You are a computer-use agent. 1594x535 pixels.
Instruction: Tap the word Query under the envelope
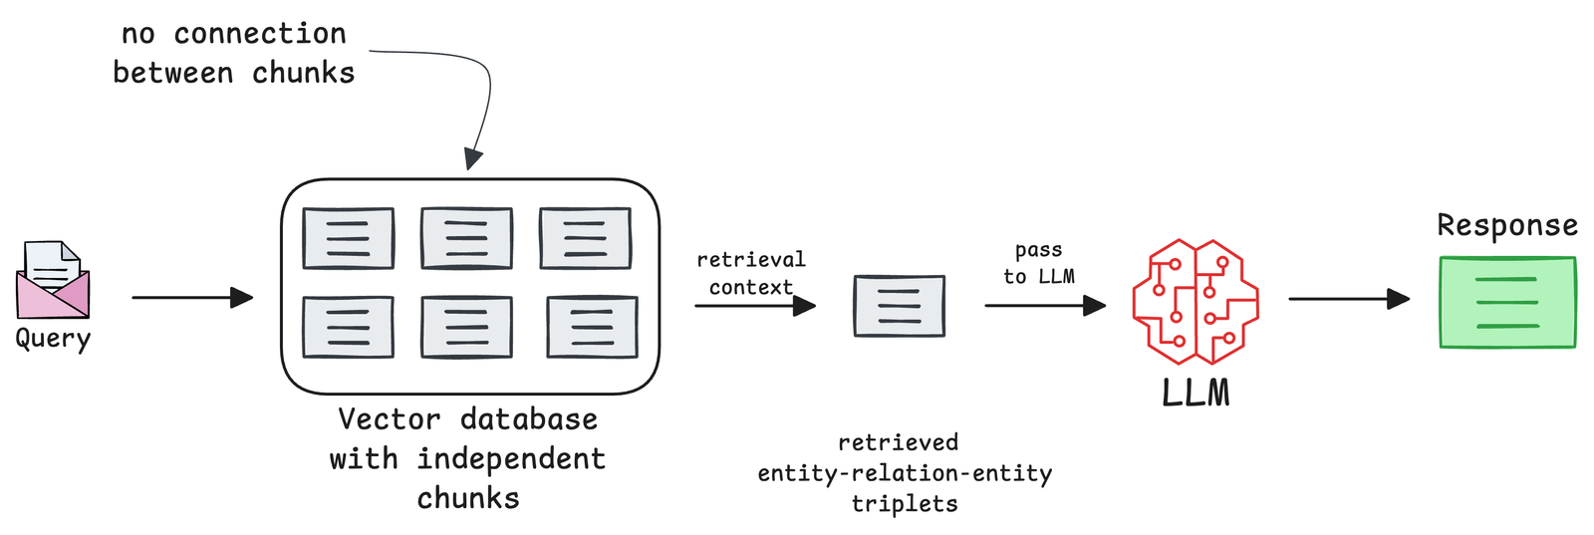click(53, 340)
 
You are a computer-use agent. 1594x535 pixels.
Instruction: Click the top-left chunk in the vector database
click(348, 238)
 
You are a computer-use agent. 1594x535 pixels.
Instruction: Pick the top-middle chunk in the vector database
click(466, 238)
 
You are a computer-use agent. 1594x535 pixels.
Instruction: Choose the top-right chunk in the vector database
click(585, 238)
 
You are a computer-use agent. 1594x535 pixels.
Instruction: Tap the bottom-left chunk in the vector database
click(348, 327)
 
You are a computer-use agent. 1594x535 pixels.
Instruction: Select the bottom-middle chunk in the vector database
click(466, 327)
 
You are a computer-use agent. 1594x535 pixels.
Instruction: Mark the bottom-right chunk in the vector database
click(592, 327)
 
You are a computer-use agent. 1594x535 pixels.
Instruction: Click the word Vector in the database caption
click(389, 419)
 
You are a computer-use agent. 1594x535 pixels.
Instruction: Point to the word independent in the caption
click(511, 459)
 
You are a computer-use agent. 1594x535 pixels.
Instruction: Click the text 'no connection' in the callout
click(234, 34)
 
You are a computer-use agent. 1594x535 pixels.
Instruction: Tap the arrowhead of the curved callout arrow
click(473, 158)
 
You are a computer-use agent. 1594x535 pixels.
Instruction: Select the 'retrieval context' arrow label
click(750, 273)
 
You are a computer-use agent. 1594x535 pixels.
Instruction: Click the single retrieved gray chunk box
click(899, 306)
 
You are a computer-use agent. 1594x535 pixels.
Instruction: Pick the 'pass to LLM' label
click(1038, 263)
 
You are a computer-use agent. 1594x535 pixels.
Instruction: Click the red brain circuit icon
click(1195, 301)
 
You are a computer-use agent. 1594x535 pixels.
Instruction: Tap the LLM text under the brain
click(1195, 393)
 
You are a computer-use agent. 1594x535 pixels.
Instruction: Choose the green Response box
click(1507, 302)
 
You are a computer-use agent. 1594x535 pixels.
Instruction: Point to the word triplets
click(905, 504)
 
